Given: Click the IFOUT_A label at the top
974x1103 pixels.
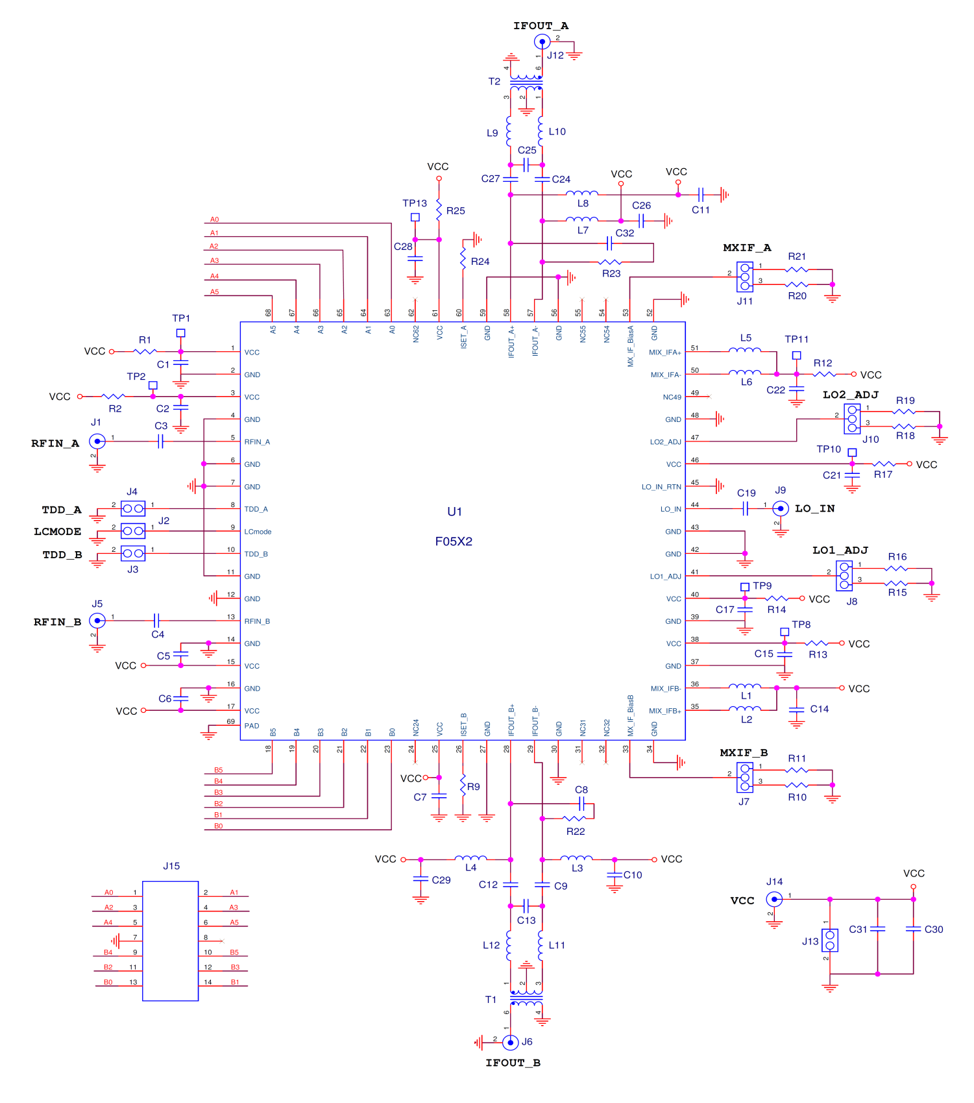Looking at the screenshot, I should [x=541, y=26].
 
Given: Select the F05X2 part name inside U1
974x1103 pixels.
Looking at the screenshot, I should [x=454, y=541].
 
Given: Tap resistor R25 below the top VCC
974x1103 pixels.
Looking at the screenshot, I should [x=439, y=210].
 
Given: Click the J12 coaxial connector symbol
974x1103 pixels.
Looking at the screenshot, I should [x=542, y=42].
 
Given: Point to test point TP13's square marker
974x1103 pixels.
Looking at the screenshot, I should [x=415, y=217].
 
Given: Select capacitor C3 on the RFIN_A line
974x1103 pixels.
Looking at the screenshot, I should [x=160, y=441].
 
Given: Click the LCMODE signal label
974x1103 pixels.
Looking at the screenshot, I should [x=58, y=532].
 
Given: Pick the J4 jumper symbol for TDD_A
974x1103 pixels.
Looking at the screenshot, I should [x=133, y=508].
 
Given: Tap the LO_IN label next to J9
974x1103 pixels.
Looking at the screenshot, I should [x=814, y=508].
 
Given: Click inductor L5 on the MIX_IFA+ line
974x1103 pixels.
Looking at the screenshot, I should [x=745, y=351].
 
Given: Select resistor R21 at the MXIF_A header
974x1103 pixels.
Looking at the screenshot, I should [x=797, y=269].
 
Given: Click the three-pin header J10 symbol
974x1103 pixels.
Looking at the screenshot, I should [x=852, y=419].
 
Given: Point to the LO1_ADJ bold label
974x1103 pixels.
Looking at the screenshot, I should [x=840, y=551].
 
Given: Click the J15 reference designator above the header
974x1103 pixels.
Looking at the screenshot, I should [x=171, y=866].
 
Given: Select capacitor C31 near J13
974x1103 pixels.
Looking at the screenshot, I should [x=877, y=930].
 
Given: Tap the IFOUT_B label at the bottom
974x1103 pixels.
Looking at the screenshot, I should [x=513, y=1063].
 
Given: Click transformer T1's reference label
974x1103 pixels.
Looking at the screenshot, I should [x=491, y=1000].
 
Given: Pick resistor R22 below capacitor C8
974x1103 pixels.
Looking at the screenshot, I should [x=575, y=819].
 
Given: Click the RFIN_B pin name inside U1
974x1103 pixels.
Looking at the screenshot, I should [x=257, y=621].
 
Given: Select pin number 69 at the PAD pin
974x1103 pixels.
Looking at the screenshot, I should [x=231, y=721].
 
